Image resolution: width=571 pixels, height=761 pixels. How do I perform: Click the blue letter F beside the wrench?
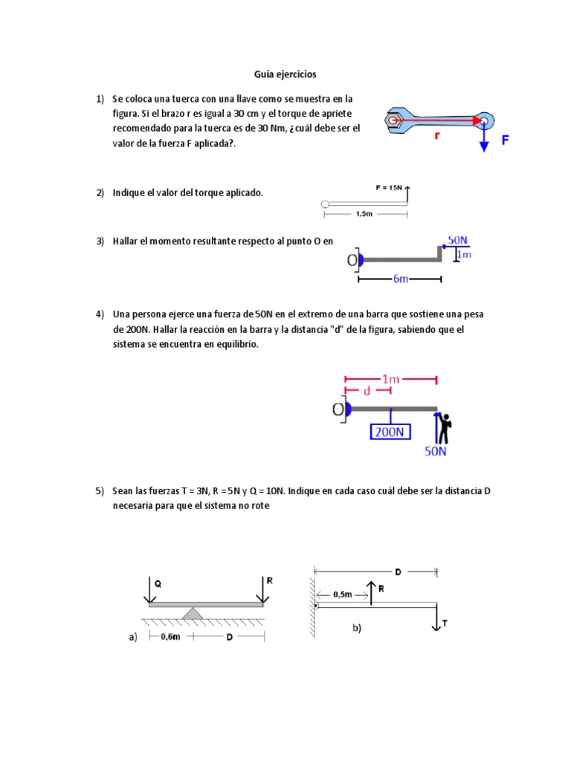pos(506,139)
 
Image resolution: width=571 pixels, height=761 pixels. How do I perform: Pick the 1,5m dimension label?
pos(364,214)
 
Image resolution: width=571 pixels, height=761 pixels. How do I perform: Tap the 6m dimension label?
pos(400,279)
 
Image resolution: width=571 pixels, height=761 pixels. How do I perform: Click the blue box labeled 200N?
pos(390,431)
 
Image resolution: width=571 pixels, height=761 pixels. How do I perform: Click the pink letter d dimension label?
pos(367,391)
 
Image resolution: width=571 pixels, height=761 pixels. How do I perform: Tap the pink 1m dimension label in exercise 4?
pos(391,379)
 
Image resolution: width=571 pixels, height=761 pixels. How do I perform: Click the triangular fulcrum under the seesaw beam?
pos(193,612)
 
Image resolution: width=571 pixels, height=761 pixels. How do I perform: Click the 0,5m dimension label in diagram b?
pos(343,594)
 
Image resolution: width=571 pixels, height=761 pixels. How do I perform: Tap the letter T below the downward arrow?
pos(445,626)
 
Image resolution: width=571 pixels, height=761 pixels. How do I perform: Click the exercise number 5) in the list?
pos(100,491)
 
